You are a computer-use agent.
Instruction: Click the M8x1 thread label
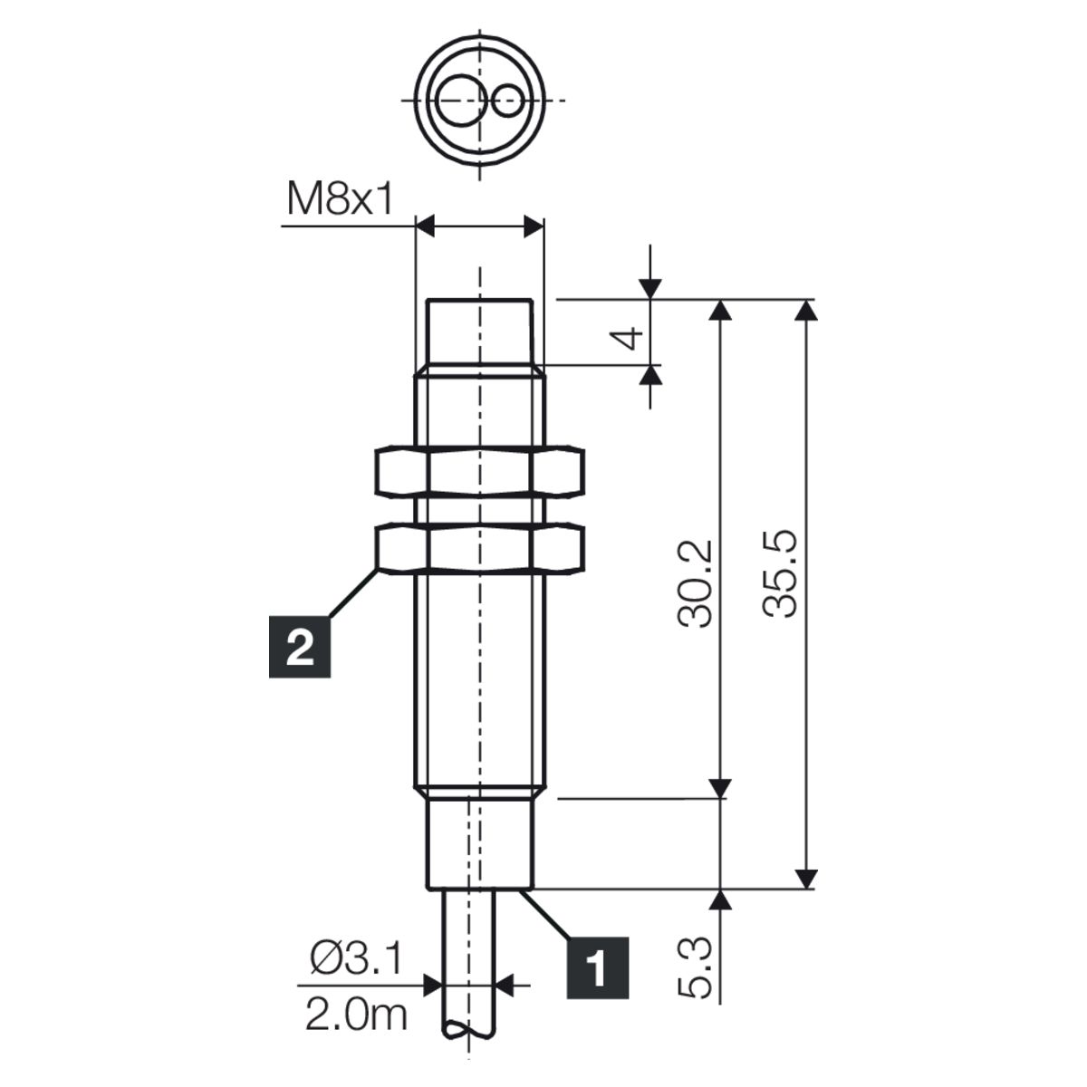click(x=340, y=198)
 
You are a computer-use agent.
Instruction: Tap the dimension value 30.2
click(x=696, y=584)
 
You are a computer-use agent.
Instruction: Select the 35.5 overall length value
click(x=780, y=573)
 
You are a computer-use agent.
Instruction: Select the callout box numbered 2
click(x=300, y=647)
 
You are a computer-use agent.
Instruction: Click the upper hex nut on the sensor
click(x=479, y=471)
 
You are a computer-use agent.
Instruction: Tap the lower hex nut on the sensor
click(x=479, y=550)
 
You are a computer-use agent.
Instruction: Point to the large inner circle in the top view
click(x=461, y=101)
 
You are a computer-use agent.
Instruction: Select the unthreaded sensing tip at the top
click(x=479, y=336)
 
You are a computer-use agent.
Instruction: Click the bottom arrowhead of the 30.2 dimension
click(x=720, y=787)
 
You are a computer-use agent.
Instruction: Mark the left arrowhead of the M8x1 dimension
click(x=426, y=226)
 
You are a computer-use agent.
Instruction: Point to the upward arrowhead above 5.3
click(x=720, y=901)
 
